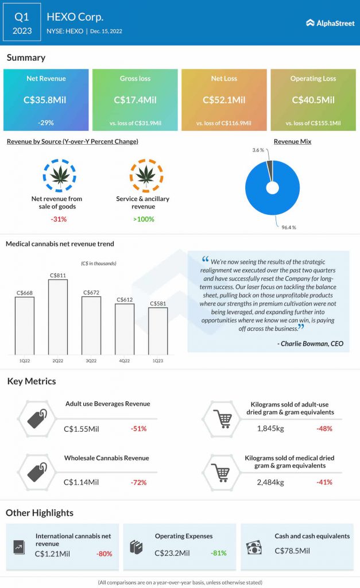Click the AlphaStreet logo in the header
(x=330, y=23)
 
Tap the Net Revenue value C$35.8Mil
(x=45, y=100)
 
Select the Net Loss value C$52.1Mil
(x=224, y=100)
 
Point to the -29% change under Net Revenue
(x=45, y=123)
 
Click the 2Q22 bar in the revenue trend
(x=58, y=316)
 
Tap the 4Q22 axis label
(x=125, y=360)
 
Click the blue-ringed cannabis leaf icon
(x=60, y=176)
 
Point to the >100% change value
(x=143, y=219)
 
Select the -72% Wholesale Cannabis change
(x=139, y=482)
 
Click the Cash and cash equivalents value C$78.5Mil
(x=292, y=551)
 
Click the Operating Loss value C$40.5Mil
(x=313, y=100)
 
